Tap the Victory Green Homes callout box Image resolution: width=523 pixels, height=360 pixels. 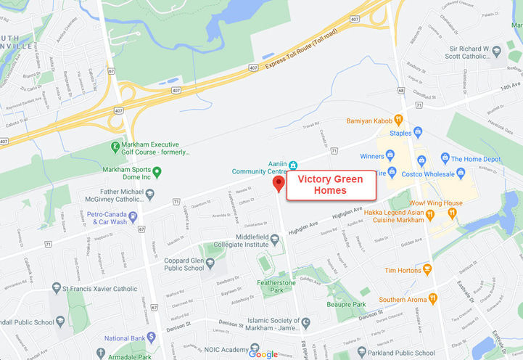(x=331, y=185)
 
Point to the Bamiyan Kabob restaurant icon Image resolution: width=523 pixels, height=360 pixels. (x=398, y=120)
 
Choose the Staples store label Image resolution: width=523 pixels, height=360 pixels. (x=400, y=133)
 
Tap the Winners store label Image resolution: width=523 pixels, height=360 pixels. (x=372, y=156)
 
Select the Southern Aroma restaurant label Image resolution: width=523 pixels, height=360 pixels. (x=402, y=298)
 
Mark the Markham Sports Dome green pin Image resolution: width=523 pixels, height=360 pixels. (x=157, y=171)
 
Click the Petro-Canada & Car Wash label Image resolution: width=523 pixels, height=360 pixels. (x=107, y=218)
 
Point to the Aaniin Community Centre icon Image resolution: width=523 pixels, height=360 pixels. (x=293, y=164)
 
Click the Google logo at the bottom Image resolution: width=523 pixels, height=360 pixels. (x=263, y=353)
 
